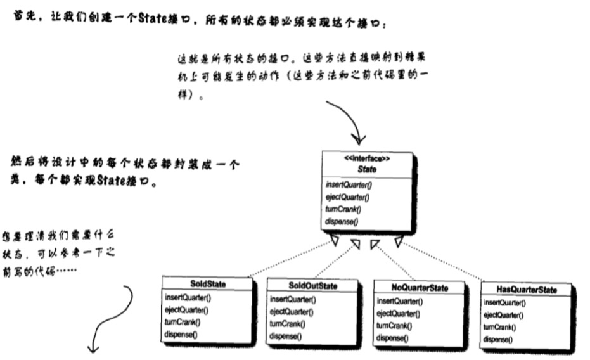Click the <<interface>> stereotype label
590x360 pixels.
coord(368,158)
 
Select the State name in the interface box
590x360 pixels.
coord(368,168)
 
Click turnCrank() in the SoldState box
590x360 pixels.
coord(182,321)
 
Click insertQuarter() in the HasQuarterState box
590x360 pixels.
coord(504,303)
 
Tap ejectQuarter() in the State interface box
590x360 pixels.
coord(347,197)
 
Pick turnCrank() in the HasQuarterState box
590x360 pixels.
coord(499,327)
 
